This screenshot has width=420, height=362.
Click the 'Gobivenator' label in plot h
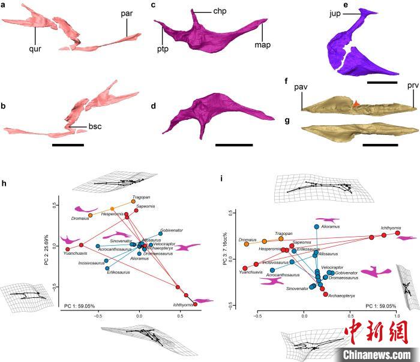tap(172, 230)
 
